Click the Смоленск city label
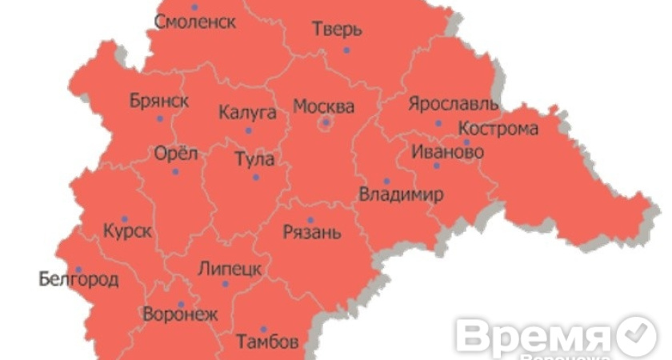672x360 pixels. pos(196,22)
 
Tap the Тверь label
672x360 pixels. pos(336,30)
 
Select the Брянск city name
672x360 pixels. pos(159,101)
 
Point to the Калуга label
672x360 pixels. pos(247,112)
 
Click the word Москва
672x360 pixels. pos(323,106)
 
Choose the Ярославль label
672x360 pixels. pos(453,104)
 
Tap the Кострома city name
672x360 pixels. pos(498,129)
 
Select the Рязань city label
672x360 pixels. pos(312,233)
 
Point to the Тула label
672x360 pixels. pos(254,159)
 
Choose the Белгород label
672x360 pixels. pos(78,280)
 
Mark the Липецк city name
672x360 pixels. pos(229,268)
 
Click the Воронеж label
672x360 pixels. pos(179,314)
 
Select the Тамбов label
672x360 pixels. pos(267,342)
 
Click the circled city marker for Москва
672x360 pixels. pos(326,122)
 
